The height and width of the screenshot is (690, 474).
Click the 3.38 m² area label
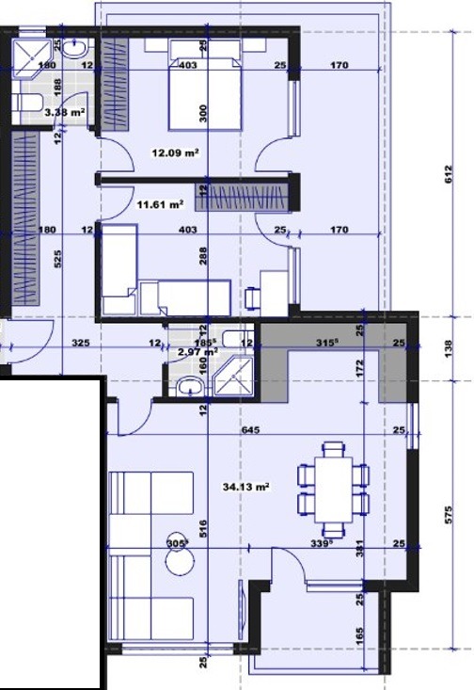65,113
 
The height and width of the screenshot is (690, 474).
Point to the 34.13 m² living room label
246,487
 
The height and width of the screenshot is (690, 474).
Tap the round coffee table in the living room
179,562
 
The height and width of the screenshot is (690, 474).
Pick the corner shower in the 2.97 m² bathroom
230,377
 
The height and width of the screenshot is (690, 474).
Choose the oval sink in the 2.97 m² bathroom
190,385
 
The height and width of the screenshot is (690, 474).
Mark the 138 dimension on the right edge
449,345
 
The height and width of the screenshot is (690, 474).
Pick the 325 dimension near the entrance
80,344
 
